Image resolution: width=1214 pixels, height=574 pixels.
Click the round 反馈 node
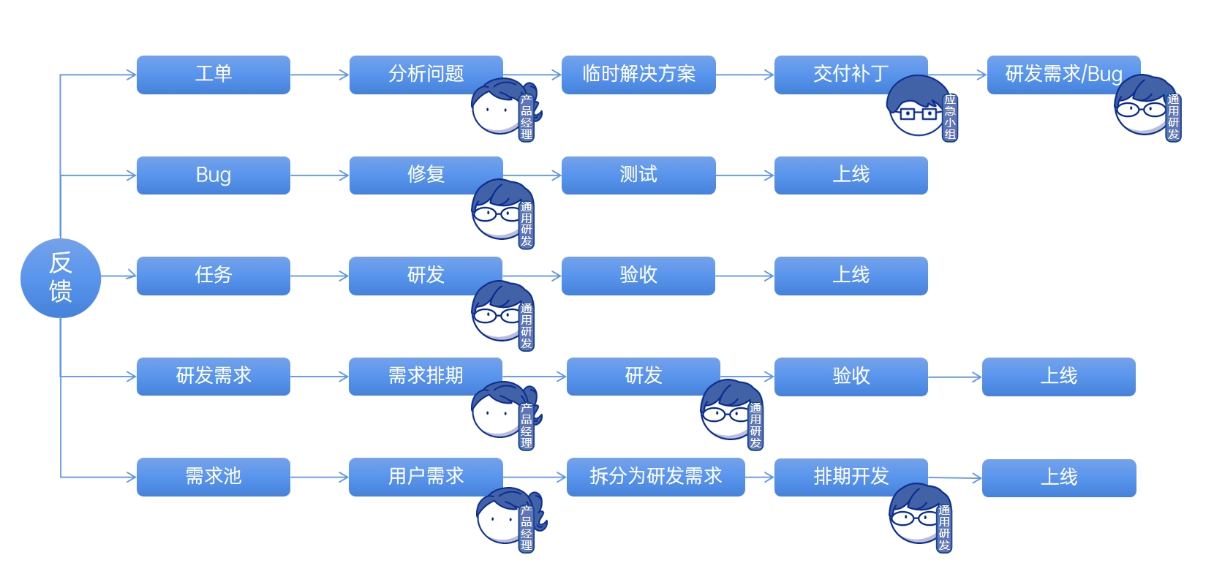point(60,278)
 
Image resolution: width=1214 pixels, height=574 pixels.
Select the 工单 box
point(213,75)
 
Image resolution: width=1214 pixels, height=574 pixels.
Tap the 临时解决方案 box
point(638,75)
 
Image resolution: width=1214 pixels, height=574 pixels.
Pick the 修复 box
point(417,174)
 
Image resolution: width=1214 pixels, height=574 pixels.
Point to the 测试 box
point(638,175)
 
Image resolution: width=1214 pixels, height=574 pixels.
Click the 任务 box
point(213,276)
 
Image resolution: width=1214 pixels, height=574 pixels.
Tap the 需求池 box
point(213,477)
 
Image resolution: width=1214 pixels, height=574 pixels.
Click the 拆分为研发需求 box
point(655,477)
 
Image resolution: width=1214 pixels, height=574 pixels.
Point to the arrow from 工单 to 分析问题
point(320,75)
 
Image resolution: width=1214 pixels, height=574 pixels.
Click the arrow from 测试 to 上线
point(744,175)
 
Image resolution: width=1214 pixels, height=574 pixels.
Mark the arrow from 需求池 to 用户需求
point(320,477)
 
